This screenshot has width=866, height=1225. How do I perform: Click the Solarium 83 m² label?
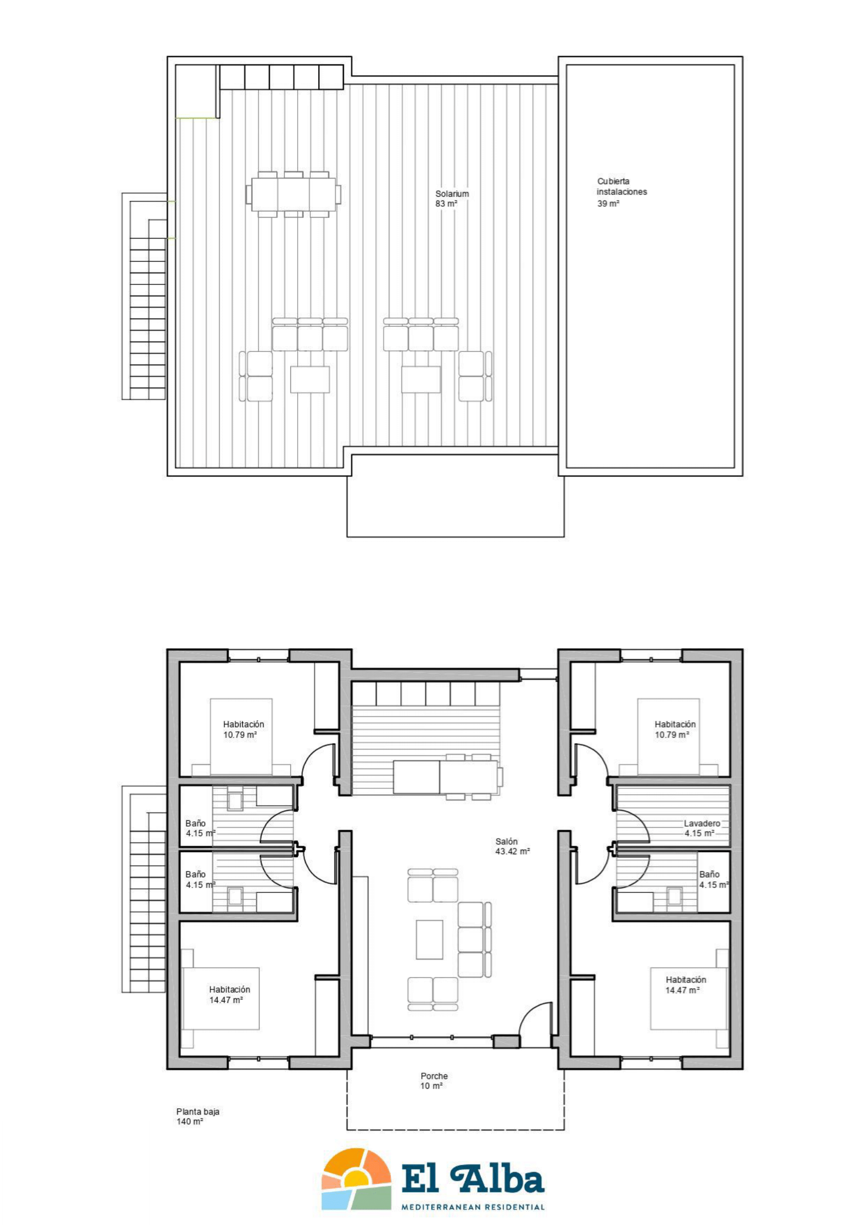coord(452,198)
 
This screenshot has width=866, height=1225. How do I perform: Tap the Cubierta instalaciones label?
coord(622,186)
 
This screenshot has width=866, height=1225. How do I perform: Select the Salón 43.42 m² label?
coord(512,846)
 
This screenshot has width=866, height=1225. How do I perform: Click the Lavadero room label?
coord(702,823)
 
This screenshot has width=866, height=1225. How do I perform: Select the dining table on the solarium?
coord(293,194)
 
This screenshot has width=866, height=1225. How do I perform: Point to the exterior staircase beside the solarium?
coord(144,296)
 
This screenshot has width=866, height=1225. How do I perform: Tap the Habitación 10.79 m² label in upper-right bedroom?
coord(675,729)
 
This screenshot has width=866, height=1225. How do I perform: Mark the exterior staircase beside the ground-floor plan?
coord(144,889)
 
